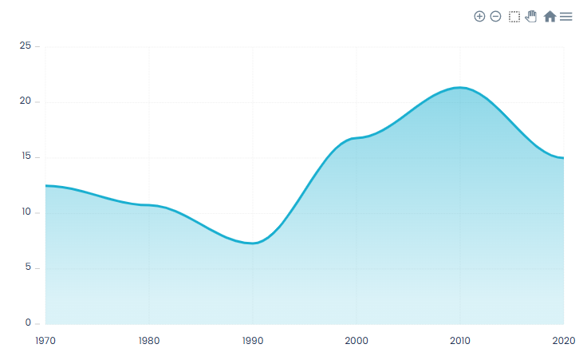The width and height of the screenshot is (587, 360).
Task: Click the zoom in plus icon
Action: click(x=479, y=16)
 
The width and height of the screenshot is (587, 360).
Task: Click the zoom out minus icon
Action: click(x=495, y=16)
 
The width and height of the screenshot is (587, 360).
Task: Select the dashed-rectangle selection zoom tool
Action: click(x=514, y=16)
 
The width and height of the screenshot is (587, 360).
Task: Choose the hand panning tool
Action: click(x=531, y=16)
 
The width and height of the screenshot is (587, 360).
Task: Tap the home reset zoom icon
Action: click(x=550, y=16)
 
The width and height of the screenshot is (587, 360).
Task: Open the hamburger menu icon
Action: click(x=566, y=16)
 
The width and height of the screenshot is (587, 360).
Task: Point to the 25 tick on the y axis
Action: click(x=26, y=46)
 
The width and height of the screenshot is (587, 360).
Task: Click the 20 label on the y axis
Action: click(x=26, y=101)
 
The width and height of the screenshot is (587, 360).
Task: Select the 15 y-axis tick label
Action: click(x=26, y=157)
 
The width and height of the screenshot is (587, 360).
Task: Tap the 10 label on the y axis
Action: click(x=26, y=212)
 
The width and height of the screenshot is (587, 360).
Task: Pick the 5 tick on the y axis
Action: click(x=28, y=267)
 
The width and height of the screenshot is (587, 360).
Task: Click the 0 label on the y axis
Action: click(x=28, y=323)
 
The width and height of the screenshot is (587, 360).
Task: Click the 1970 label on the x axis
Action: click(x=45, y=341)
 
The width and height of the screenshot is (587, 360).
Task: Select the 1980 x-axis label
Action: click(x=149, y=341)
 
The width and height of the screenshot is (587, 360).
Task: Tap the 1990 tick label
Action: click(x=253, y=341)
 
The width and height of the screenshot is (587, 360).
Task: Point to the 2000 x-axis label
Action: click(x=357, y=341)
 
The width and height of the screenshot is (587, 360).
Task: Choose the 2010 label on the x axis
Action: click(x=460, y=341)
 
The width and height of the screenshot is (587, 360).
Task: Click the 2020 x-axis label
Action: click(x=563, y=341)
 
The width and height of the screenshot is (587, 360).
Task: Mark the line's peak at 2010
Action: click(x=460, y=87)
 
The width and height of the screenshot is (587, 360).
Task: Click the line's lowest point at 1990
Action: click(x=253, y=243)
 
